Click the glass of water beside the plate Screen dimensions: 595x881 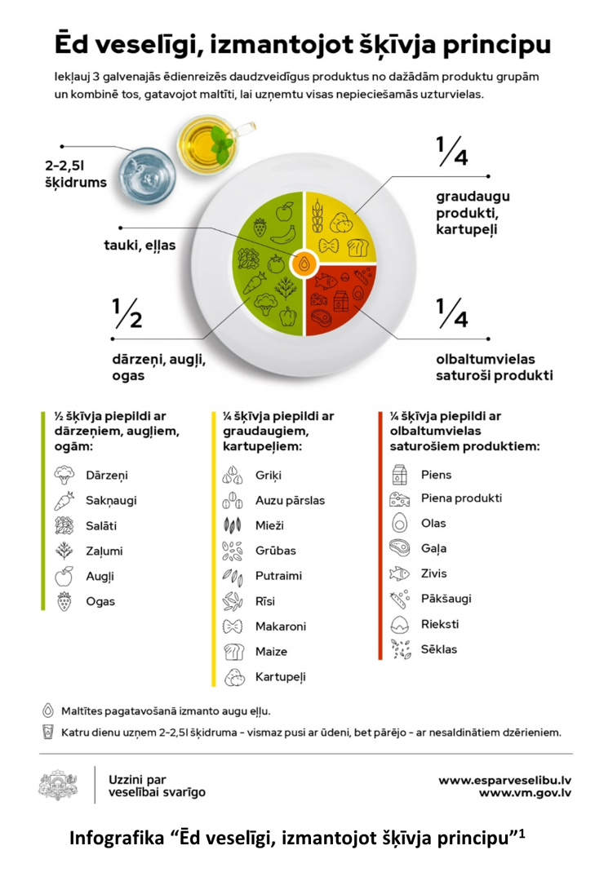pyautogui.click(x=148, y=176)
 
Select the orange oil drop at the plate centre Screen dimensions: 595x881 pyautogui.click(x=304, y=263)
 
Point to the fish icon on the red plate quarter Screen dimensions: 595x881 pyautogui.click(x=326, y=281)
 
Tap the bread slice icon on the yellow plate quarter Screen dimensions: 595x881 pyautogui.click(x=357, y=247)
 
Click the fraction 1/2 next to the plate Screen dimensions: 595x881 pyautogui.click(x=127, y=313)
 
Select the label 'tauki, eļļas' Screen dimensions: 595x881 pyautogui.click(x=140, y=245)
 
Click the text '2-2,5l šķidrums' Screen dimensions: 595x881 pyautogui.click(x=75, y=174)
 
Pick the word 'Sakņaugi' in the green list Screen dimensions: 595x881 pyautogui.click(x=111, y=500)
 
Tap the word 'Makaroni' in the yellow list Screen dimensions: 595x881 pyautogui.click(x=281, y=626)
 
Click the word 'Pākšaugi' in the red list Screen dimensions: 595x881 pyautogui.click(x=446, y=599)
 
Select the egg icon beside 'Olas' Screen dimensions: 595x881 pyautogui.click(x=399, y=523)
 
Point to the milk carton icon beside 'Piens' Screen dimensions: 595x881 pyautogui.click(x=399, y=475)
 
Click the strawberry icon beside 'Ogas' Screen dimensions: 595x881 pyautogui.click(x=64, y=601)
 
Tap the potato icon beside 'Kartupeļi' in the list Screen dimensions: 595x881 pyautogui.click(x=234, y=678)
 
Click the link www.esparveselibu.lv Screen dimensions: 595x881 pyautogui.click(x=504, y=781)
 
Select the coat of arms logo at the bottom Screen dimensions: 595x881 pyautogui.click(x=58, y=785)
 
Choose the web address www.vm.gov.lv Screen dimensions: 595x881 pyautogui.click(x=525, y=794)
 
